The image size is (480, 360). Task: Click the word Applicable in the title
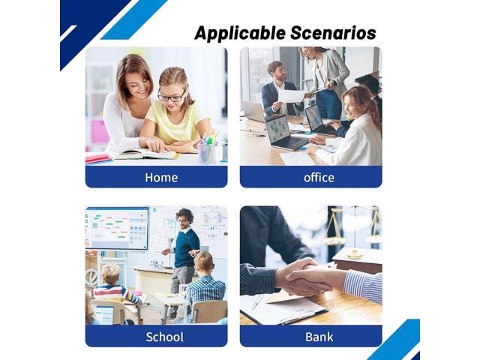(x=240, y=34)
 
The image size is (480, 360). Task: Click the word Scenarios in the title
(x=333, y=32)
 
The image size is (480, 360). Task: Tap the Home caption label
(x=161, y=178)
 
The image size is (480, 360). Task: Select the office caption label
(x=319, y=178)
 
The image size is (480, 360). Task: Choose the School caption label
(x=165, y=337)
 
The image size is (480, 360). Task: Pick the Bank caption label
(x=319, y=337)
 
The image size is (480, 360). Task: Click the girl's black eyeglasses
(x=172, y=96)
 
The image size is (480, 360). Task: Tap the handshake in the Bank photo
(x=303, y=277)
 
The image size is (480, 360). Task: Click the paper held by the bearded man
(x=291, y=96)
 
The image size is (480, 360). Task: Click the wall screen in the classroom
(x=117, y=228)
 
